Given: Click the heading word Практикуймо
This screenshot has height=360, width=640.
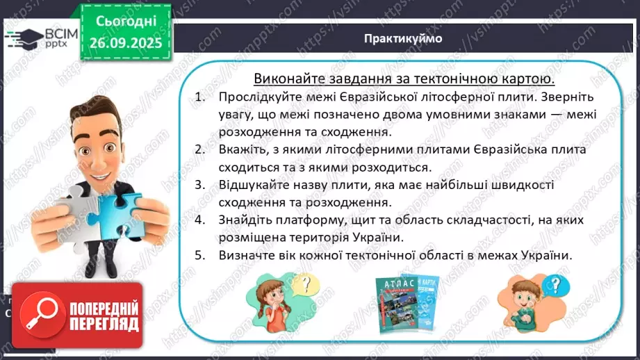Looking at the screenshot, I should point(403,38).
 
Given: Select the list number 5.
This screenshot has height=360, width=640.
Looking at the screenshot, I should point(200,255).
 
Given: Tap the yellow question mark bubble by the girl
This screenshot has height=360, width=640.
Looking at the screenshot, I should point(302,284).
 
